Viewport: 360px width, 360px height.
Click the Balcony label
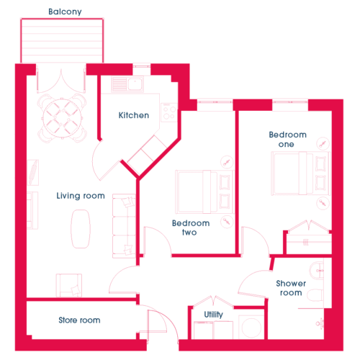(65, 12)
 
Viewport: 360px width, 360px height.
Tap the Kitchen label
(134, 115)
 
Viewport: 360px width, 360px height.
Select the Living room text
(81, 196)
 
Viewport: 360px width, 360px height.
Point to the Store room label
(79, 320)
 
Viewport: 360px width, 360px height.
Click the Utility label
(214, 315)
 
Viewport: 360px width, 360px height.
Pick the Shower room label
(291, 288)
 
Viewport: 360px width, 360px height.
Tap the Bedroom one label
(287, 139)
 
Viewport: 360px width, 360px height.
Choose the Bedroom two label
(191, 228)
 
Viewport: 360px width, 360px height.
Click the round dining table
(62, 118)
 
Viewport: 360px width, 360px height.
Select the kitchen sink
(127, 84)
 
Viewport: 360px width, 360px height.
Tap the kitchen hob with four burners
(169, 112)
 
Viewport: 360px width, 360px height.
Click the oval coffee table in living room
(81, 229)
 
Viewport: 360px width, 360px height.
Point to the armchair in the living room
(69, 285)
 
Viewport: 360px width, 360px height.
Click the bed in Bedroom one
(301, 174)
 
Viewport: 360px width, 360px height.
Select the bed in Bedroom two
(204, 192)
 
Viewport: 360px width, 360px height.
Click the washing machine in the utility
(251, 327)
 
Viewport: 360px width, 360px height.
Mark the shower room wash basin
(317, 270)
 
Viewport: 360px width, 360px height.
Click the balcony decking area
(62, 40)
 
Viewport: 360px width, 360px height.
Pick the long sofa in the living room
(124, 226)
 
